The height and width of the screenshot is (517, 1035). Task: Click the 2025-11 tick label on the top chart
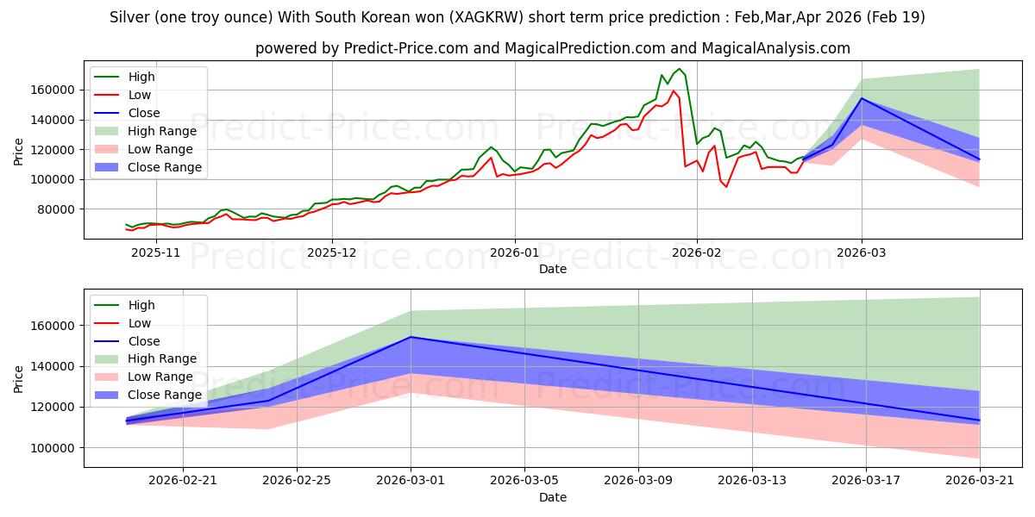point(156,253)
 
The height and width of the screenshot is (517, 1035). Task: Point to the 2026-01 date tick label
point(514,253)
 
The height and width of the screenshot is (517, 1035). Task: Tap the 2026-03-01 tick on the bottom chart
point(411,481)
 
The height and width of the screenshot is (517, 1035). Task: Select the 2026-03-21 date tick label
point(980,481)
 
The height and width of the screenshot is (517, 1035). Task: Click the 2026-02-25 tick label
point(297,481)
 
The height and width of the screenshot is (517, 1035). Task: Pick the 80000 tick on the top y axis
point(55,209)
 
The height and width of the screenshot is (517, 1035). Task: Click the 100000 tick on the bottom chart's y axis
point(53,448)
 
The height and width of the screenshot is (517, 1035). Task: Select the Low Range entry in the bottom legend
point(144,377)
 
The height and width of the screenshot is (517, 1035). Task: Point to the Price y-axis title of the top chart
point(18,152)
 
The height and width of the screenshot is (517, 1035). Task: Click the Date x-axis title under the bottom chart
point(553,497)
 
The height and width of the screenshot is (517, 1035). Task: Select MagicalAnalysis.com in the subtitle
point(775,48)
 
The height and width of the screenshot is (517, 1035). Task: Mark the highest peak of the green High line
point(680,69)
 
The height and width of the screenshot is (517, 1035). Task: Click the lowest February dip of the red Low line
point(726,187)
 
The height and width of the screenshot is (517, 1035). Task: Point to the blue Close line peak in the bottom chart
point(411,337)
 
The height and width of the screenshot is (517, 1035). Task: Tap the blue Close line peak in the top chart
point(862,98)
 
